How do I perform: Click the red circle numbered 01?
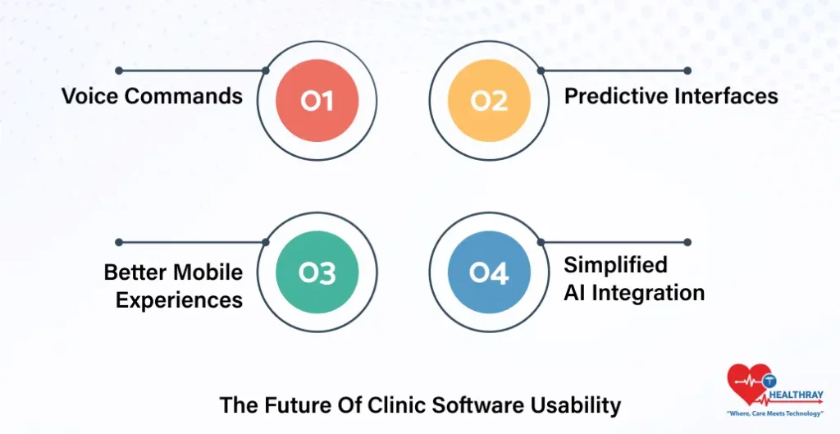(x=317, y=101)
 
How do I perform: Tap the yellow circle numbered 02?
(x=489, y=101)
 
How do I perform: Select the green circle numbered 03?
(x=317, y=273)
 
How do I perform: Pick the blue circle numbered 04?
(x=489, y=273)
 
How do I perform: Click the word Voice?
(x=90, y=96)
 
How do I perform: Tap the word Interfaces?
(x=726, y=96)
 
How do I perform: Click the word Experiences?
(x=179, y=300)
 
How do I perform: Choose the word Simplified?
(x=615, y=265)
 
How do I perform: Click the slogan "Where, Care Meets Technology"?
(x=774, y=414)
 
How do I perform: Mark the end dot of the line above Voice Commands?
(x=119, y=71)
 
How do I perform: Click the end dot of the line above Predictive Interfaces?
(x=687, y=71)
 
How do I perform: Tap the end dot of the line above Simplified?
(x=687, y=242)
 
